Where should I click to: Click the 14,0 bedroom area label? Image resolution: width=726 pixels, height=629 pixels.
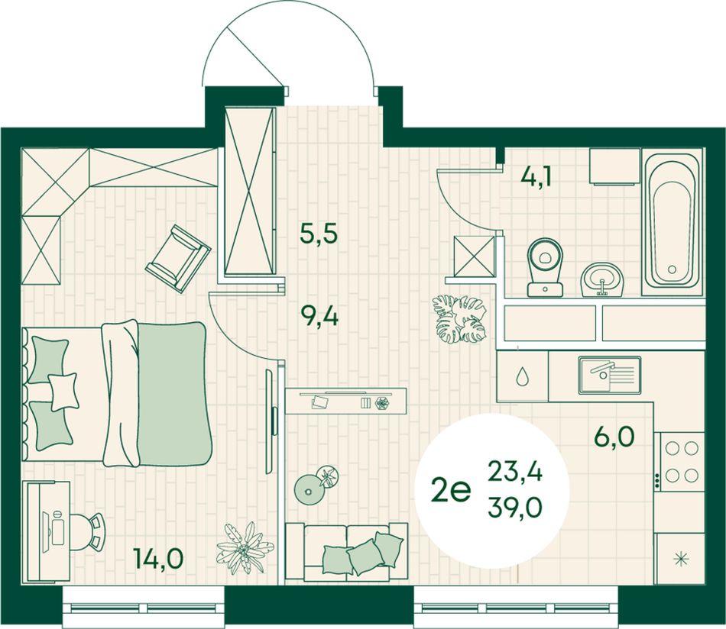click(158, 558)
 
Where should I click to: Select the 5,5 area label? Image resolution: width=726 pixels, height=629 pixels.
click(319, 233)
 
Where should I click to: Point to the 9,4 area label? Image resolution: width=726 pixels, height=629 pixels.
click(319, 318)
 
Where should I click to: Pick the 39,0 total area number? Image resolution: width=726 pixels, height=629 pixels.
click(515, 508)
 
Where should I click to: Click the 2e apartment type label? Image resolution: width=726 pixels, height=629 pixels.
click(450, 490)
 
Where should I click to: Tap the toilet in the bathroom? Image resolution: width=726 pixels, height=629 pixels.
click(545, 267)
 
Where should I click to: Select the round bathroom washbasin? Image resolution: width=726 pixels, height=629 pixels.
click(602, 279)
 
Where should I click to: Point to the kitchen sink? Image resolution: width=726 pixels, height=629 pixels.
click(609, 375)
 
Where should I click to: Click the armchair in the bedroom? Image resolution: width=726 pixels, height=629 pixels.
click(178, 258)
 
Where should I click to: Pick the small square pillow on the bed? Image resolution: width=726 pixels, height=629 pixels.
click(63, 392)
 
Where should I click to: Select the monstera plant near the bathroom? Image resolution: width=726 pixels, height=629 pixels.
click(459, 318)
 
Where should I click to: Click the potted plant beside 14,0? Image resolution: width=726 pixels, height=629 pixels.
click(242, 548)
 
